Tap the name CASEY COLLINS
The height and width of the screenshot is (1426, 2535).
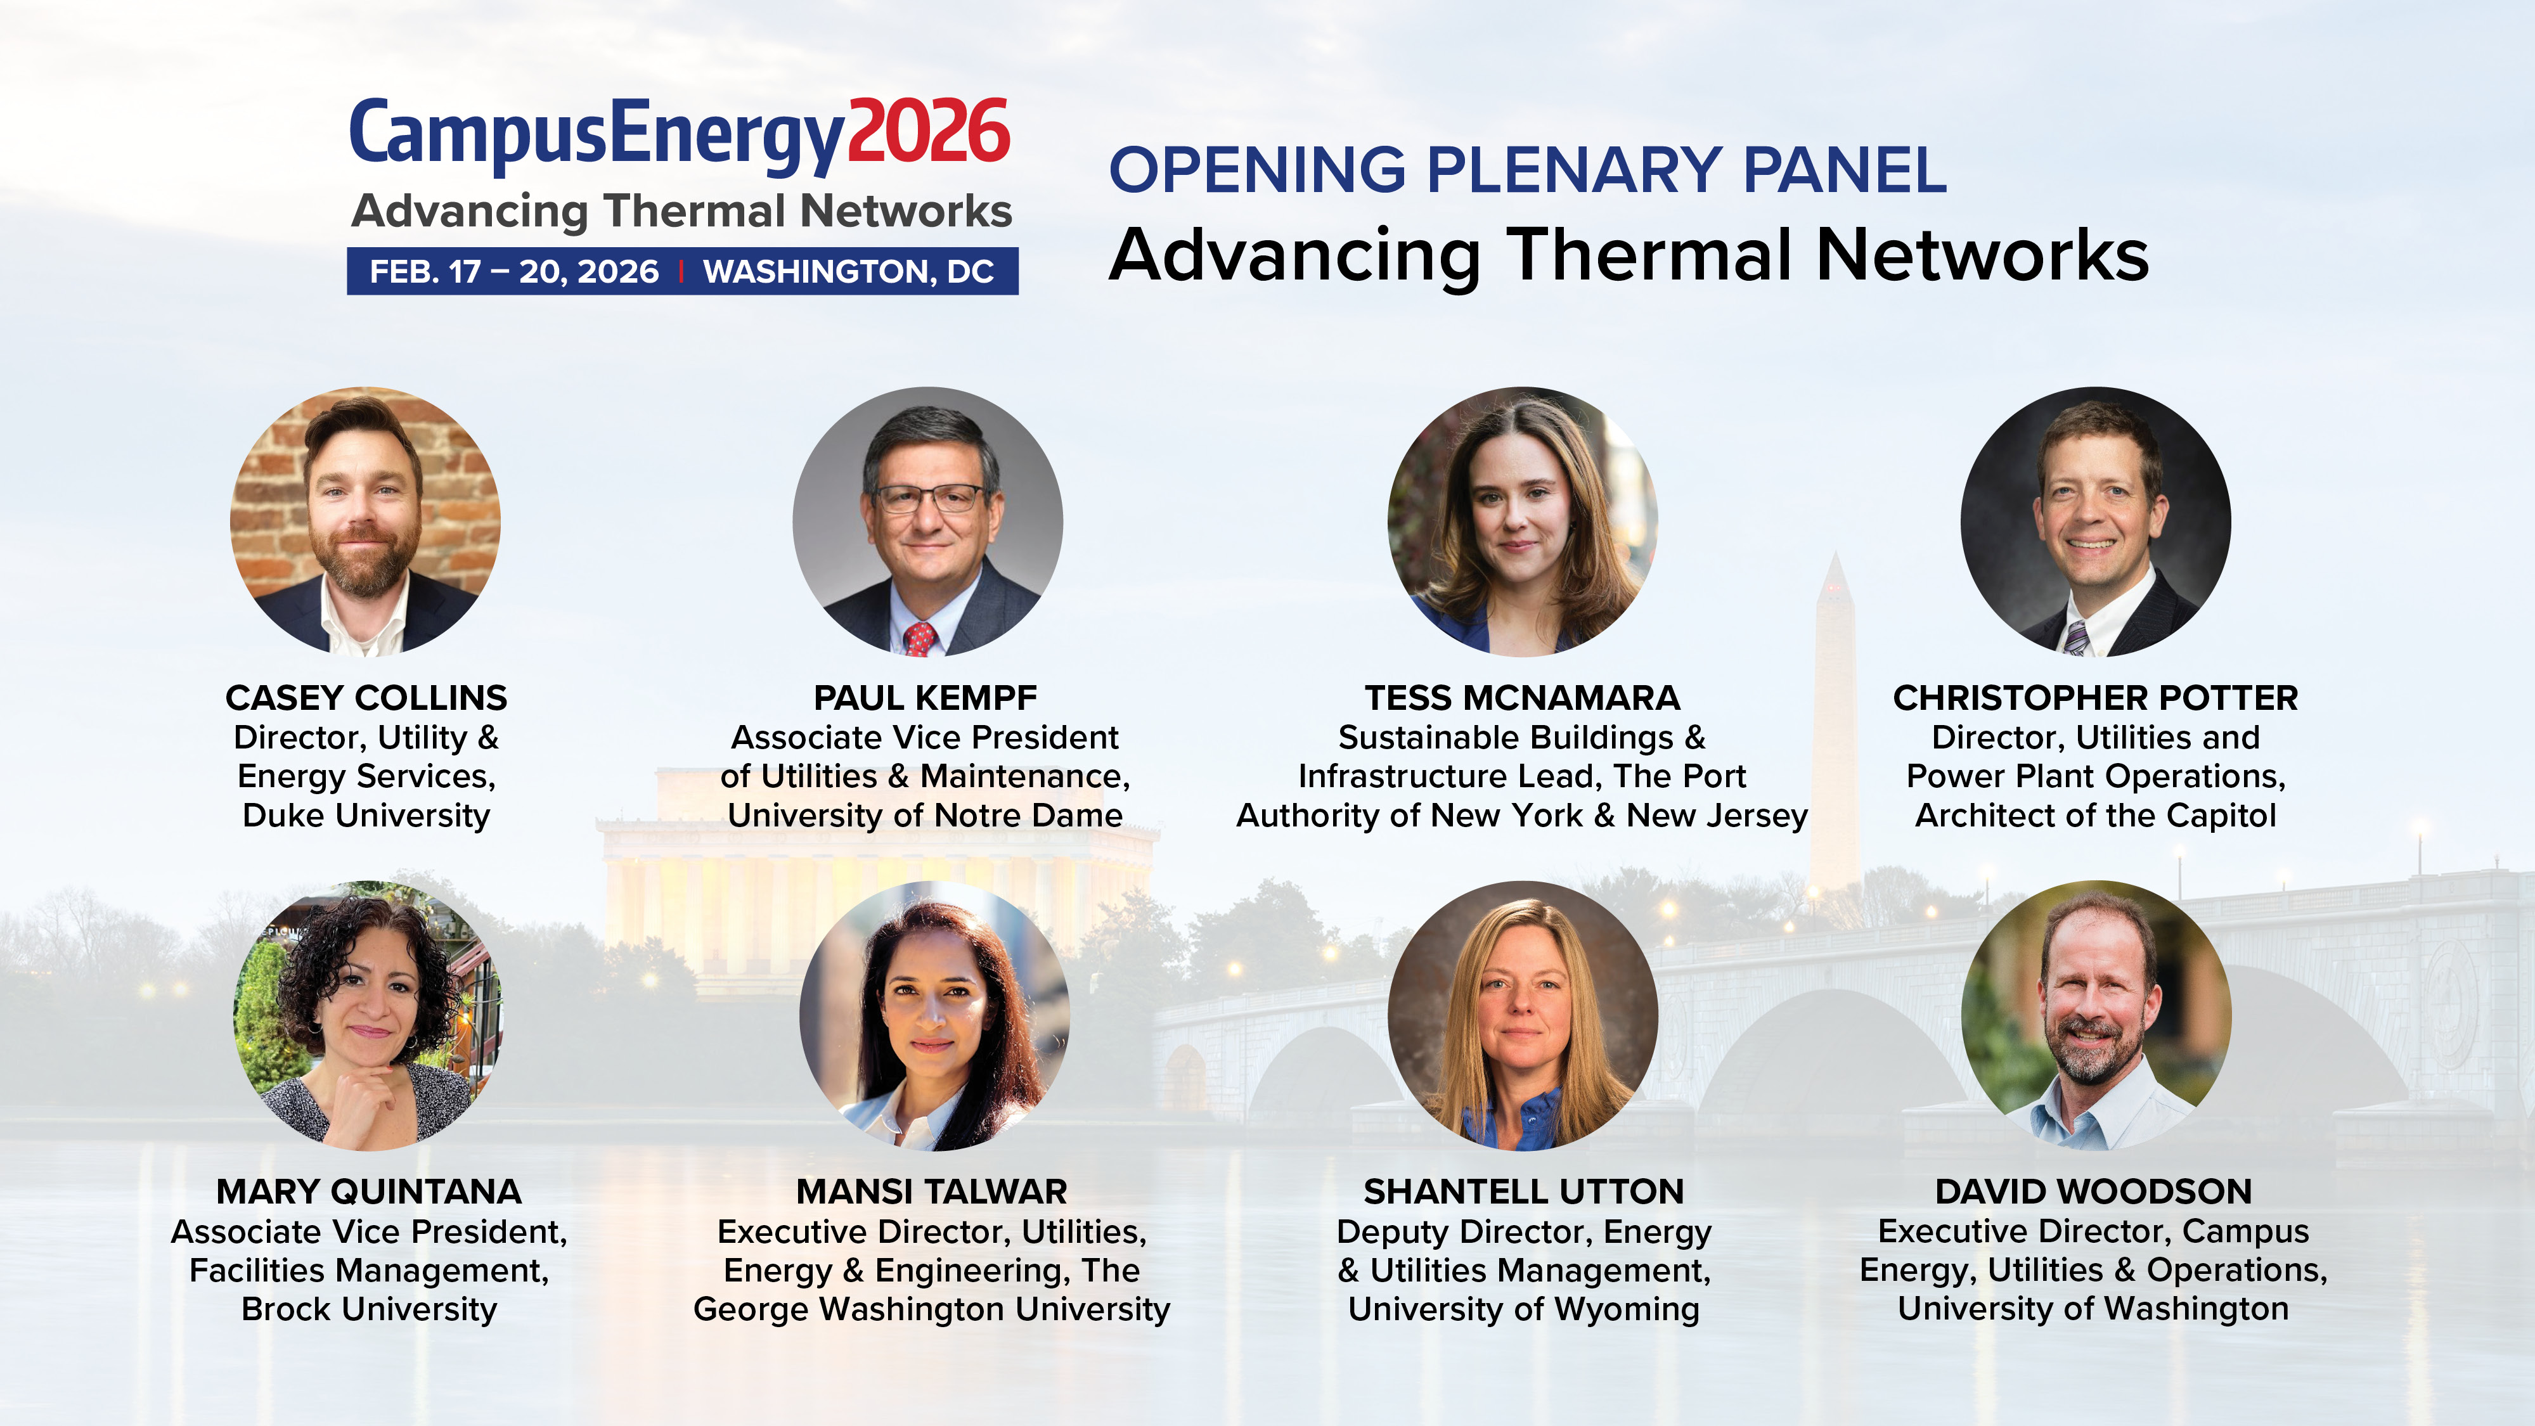[366, 698]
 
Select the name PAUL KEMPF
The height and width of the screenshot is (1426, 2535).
[925, 698]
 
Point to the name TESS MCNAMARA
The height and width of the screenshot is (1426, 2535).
[1523, 698]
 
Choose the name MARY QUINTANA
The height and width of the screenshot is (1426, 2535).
[369, 1192]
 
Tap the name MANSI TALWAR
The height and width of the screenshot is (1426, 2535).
[932, 1192]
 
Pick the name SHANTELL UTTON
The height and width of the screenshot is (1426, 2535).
[1523, 1192]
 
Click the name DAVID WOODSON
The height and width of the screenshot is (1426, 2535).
[2093, 1192]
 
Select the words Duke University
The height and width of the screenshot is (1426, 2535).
[366, 816]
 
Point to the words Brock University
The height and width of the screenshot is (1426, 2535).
[369, 1310]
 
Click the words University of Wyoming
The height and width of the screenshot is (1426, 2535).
[1523, 1310]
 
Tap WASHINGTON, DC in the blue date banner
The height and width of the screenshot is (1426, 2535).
[848, 272]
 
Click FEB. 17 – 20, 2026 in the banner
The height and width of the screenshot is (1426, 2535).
[513, 272]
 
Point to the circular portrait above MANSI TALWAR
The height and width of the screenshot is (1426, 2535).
[933, 1015]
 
